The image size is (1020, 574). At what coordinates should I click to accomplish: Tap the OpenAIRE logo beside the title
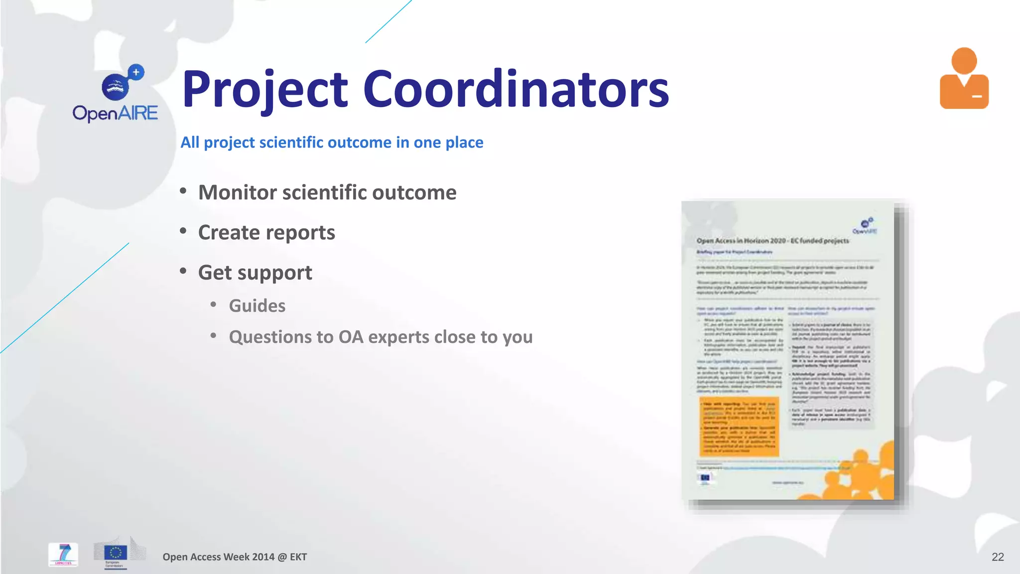pos(116,94)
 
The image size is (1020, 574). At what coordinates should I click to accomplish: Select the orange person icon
pos(964,79)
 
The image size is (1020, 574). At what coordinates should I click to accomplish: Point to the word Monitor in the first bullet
pos(237,193)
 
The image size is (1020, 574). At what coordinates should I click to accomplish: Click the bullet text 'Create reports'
pos(266,233)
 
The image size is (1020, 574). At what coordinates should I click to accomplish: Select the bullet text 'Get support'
pos(255,273)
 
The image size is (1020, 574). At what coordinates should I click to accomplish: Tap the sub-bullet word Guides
pos(257,305)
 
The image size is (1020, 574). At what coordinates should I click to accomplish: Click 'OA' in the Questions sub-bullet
pos(351,337)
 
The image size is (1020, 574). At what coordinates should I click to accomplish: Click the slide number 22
pos(998,557)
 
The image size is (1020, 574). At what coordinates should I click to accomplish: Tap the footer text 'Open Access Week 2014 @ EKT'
pos(235,557)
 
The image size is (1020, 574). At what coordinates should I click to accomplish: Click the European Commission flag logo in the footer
pos(116,553)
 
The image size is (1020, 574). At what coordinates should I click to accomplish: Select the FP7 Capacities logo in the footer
pos(63,554)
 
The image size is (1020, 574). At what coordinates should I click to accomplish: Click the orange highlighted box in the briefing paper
pos(739,427)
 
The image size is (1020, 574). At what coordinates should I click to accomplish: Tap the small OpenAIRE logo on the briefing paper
pos(865,226)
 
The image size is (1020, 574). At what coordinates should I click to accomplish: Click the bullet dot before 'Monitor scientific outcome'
pos(183,191)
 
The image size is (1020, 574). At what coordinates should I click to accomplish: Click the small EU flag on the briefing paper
pos(705,479)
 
